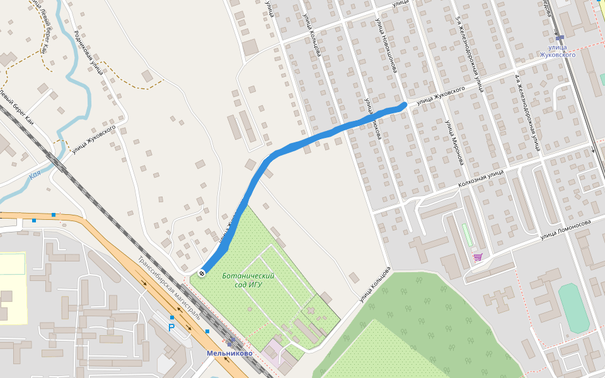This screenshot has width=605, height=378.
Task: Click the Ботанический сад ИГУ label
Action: coord(248,280)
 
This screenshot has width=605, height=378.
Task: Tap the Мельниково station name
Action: coord(229,353)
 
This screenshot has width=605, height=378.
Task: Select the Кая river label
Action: coord(35,176)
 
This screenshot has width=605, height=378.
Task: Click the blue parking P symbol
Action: coord(171,328)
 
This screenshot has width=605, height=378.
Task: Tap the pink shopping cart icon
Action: coord(478,257)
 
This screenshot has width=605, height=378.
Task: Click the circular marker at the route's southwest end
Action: coord(201,273)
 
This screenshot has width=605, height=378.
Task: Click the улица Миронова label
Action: coord(454,142)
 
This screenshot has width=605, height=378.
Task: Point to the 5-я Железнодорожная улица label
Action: coord(469,54)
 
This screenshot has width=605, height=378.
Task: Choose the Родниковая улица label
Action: coord(88,52)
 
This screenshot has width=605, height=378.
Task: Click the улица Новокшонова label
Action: coord(386,45)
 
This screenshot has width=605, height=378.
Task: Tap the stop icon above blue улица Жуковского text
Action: coord(560,38)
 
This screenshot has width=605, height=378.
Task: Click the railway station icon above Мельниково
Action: coord(231,341)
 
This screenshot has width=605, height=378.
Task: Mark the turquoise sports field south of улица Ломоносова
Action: coord(573,307)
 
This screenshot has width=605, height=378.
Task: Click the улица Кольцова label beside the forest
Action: coord(372,289)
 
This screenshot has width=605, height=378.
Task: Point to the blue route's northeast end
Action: coord(403,105)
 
